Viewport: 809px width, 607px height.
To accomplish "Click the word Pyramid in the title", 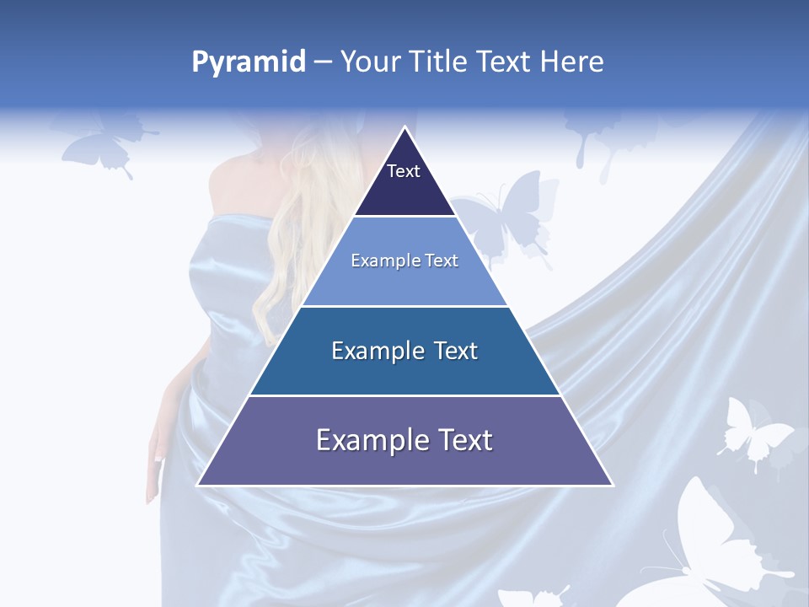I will (248, 62).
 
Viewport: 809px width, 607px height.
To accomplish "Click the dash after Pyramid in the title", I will (322, 62).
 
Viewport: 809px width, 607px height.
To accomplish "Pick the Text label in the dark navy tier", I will (404, 171).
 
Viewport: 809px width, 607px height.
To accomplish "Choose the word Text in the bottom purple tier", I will (461, 440).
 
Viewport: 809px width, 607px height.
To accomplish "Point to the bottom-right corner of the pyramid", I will (612, 484).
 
